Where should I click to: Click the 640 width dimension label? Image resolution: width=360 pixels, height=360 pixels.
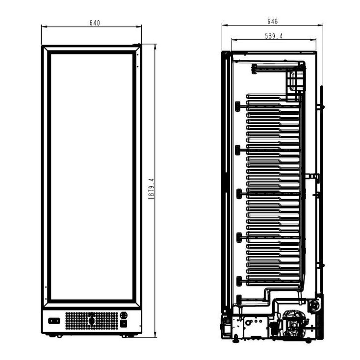(95, 23)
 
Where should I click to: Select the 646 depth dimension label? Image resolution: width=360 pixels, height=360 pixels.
(273, 21)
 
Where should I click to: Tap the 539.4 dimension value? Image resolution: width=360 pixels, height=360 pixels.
(273, 36)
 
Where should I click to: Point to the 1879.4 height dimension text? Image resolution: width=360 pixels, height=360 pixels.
(151, 188)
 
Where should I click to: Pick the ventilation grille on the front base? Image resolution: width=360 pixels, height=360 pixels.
(91, 321)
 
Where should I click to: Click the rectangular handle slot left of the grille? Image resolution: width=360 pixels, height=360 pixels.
(54, 321)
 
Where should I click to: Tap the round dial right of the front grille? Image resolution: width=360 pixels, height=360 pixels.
(123, 315)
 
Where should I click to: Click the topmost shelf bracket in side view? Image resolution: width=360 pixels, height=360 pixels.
(238, 106)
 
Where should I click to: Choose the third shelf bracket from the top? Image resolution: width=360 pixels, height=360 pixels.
(238, 193)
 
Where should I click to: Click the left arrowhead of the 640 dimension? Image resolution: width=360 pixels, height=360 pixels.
(43, 26)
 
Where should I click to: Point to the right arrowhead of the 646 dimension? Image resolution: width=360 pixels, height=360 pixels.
(322, 25)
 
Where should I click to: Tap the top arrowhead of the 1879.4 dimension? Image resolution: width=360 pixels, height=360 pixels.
(155, 45)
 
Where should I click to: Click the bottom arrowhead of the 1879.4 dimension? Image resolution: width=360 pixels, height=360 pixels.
(155, 336)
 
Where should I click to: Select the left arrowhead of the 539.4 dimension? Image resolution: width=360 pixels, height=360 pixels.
(232, 40)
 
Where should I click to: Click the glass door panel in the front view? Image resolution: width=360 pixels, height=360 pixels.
(91, 177)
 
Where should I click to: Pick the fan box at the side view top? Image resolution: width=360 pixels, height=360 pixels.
(296, 79)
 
